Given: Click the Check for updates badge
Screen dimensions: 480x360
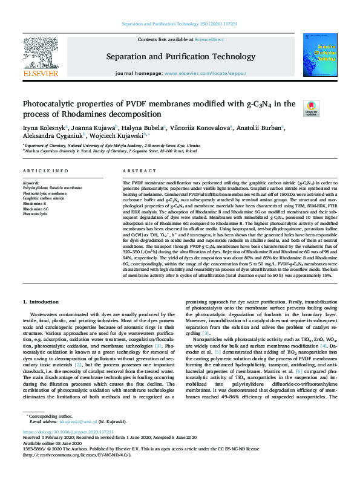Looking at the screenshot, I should (x=312, y=109).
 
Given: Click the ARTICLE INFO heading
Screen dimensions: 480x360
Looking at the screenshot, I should (x=45, y=172).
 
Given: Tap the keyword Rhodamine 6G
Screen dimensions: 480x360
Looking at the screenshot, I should (x=37, y=209).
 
